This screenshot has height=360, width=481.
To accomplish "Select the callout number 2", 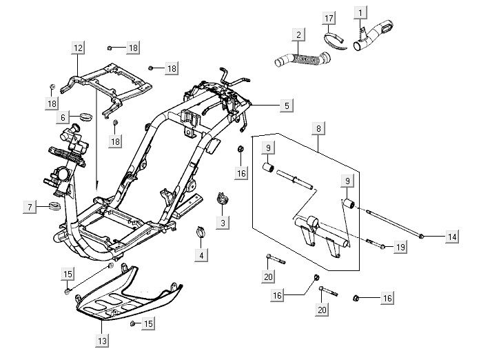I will (x=298, y=35).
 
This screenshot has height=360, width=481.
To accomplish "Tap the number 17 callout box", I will (x=329, y=18).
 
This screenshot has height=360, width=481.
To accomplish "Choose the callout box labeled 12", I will (x=78, y=48).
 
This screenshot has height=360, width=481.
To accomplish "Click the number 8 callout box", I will (x=317, y=128).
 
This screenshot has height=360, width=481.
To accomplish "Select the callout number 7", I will (x=28, y=207).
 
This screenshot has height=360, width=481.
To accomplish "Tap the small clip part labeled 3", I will (x=223, y=199).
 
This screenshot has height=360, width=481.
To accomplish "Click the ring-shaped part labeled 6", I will (x=85, y=114).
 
